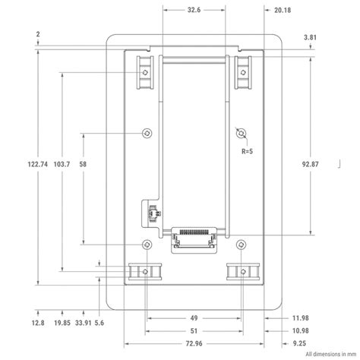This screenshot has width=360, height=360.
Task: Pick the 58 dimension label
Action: coord(83,164)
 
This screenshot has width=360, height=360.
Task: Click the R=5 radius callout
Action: coord(247,151)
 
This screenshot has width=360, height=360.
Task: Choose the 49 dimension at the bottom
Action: coord(194,318)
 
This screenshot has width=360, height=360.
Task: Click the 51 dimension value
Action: coord(194,330)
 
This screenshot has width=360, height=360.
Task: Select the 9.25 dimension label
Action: coord(278,343)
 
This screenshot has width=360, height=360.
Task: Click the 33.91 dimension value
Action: coord(84,322)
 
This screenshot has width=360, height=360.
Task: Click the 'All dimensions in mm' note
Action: coord(330,354)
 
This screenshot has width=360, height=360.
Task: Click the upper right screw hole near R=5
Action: coord(242,134)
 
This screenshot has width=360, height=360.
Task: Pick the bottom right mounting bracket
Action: coord(242,271)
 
